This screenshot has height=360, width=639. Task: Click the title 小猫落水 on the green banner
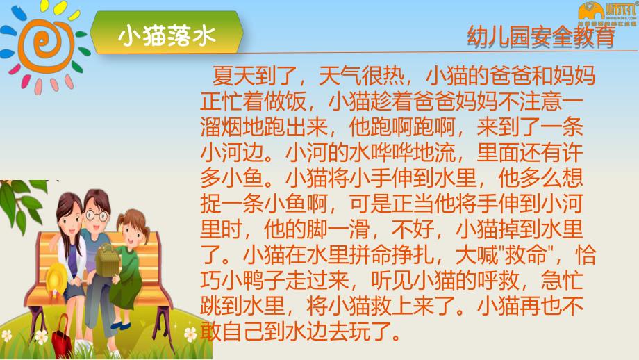[167, 34]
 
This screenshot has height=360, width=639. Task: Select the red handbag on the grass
[61, 336]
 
